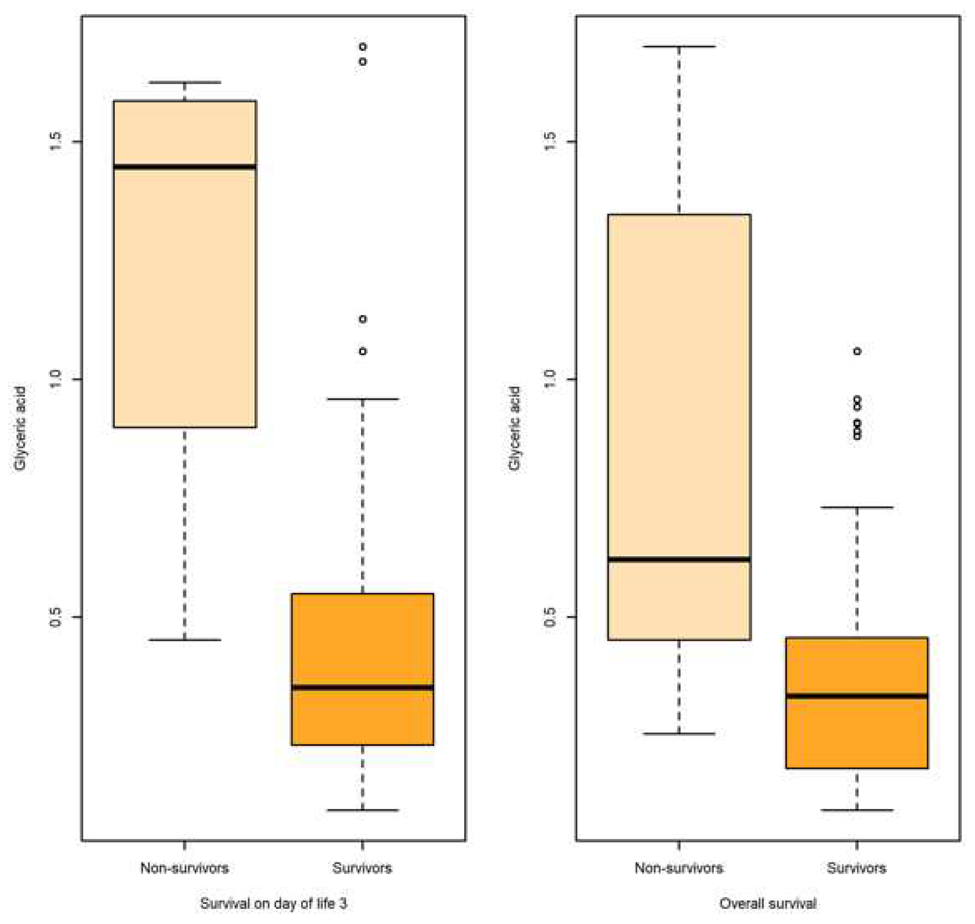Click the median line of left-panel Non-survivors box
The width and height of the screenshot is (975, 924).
[185, 167]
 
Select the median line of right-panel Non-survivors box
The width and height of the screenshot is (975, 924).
[679, 559]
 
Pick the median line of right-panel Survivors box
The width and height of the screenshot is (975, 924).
[857, 696]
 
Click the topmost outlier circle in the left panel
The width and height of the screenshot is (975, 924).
[363, 47]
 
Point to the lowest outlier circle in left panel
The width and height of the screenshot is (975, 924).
[363, 351]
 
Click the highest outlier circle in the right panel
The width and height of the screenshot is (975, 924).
[857, 351]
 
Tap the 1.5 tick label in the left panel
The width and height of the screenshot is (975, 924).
[56, 142]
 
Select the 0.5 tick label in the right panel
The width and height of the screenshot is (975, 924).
[550, 617]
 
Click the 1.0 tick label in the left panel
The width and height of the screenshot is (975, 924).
[56, 379]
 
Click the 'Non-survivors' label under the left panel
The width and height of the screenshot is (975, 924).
[185, 868]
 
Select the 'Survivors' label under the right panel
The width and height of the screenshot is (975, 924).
[856, 868]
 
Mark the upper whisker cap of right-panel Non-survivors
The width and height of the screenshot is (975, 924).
[679, 46]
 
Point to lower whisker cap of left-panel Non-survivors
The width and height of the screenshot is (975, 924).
[185, 640]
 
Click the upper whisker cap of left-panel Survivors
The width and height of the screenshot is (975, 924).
[363, 399]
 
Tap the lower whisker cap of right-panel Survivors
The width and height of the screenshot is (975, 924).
[857, 810]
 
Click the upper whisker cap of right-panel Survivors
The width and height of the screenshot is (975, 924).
[857, 507]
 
